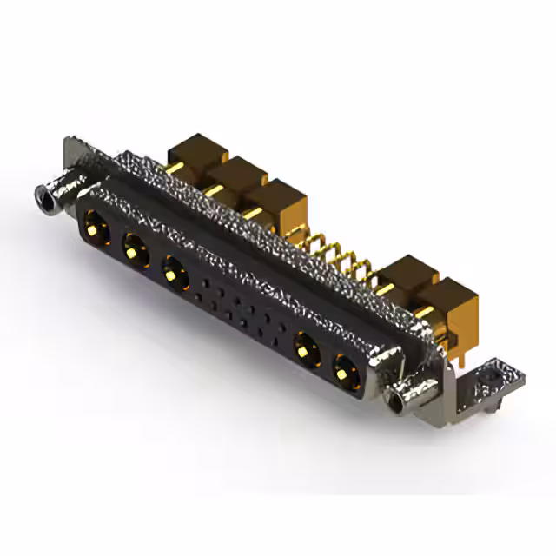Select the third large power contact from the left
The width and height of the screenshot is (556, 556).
point(175,276)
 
